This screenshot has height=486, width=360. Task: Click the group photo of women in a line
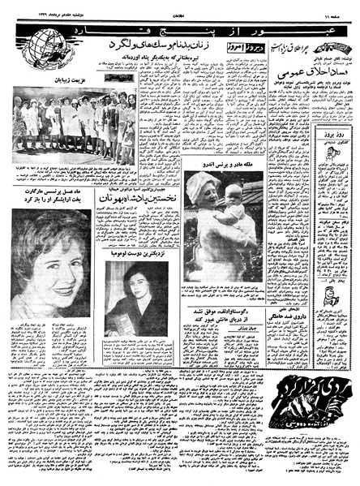(x=70, y=123)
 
